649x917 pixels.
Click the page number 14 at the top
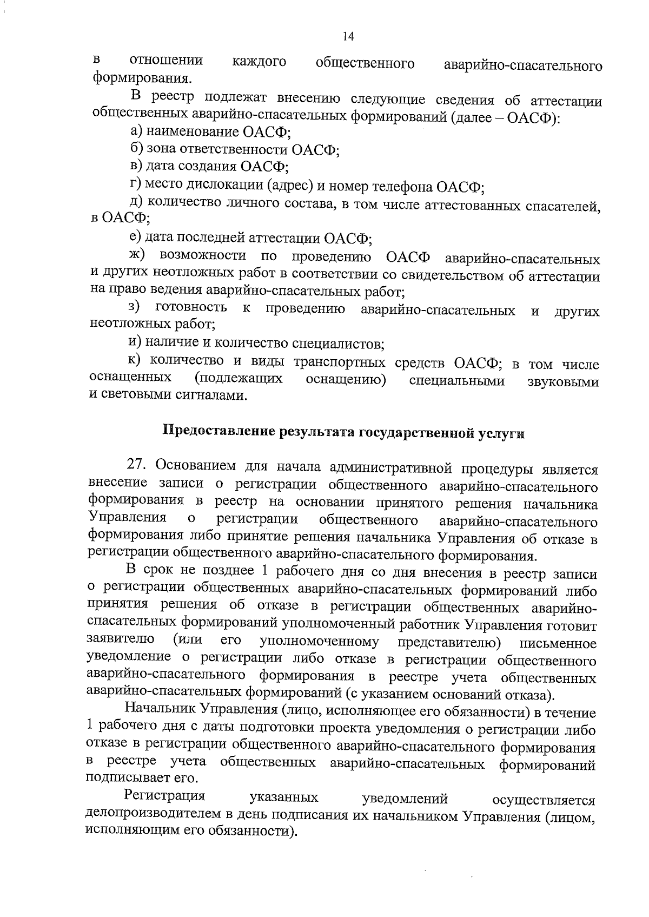[x=348, y=36]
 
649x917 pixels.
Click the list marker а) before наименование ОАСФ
[x=136, y=132]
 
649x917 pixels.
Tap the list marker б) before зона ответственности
[x=136, y=149]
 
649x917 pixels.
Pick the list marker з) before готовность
[x=135, y=307]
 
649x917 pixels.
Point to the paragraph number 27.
[x=136, y=466]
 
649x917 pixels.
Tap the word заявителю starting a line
[x=121, y=639]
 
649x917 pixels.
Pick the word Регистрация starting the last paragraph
[x=164, y=796]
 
